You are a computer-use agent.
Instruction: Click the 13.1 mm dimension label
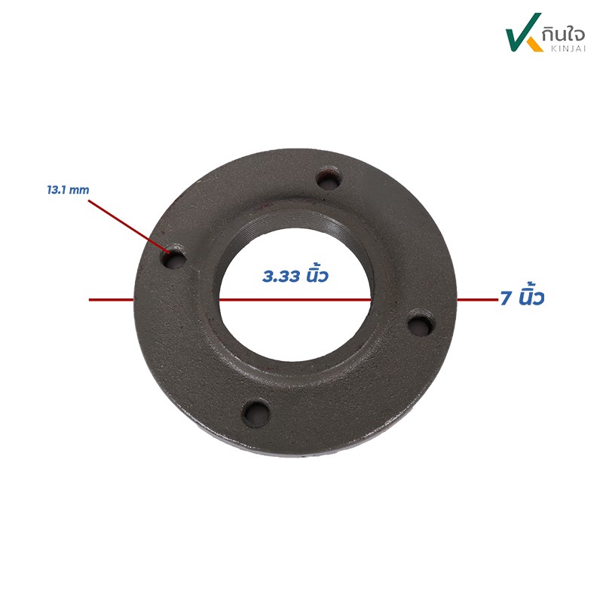[68, 190]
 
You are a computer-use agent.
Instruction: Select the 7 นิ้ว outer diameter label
[522, 296]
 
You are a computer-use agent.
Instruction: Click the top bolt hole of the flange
[329, 178]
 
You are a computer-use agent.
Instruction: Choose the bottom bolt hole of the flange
[257, 412]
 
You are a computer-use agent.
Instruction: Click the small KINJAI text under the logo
[568, 49]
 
